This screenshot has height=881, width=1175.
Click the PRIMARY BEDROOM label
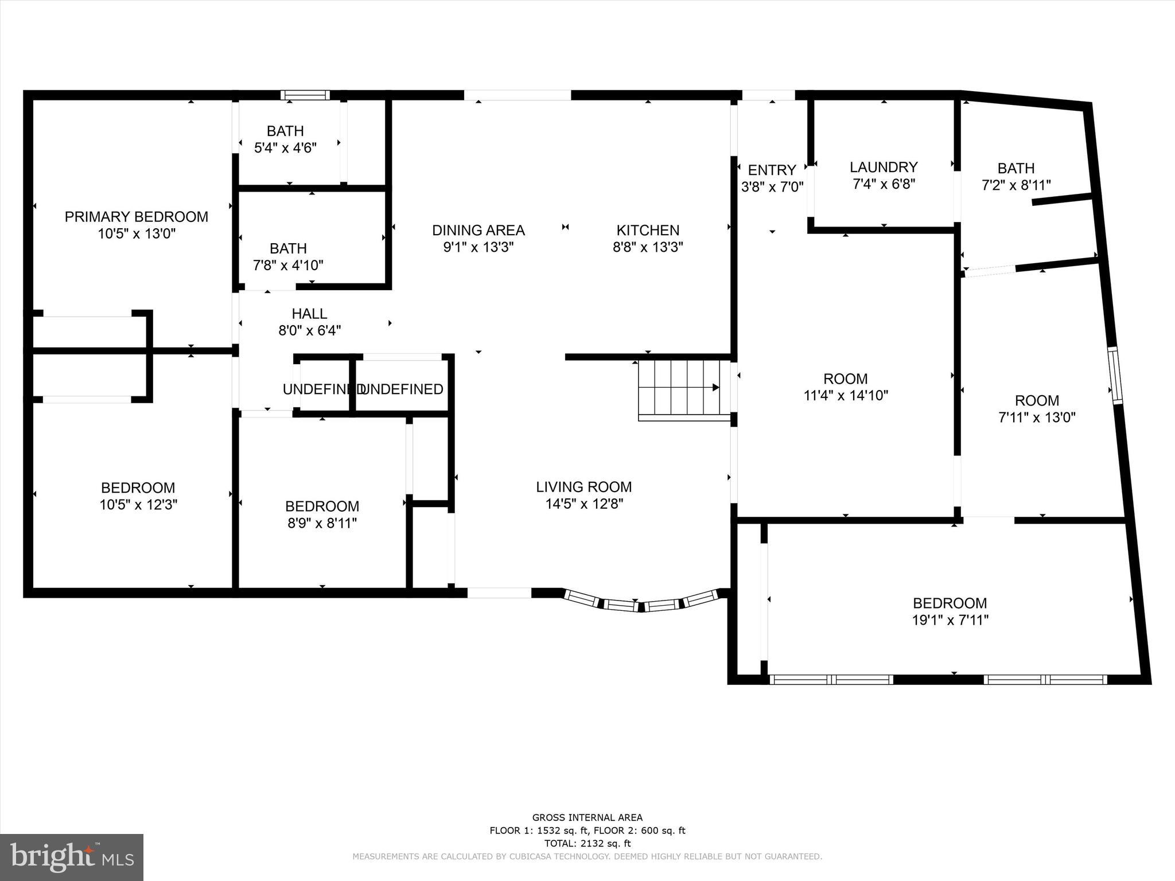coord(136,217)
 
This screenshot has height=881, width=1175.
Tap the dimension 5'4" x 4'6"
coord(285,148)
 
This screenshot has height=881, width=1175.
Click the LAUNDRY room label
coord(884,167)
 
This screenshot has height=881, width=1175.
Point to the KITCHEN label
coord(648,230)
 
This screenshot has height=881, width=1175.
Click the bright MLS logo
coord(72,856)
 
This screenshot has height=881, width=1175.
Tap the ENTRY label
coord(772,170)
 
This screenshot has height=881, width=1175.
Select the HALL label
coord(309,314)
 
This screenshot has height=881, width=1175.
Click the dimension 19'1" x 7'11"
coord(950,620)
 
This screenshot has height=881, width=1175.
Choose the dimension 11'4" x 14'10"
coord(846,395)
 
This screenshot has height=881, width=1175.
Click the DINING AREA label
coord(478,230)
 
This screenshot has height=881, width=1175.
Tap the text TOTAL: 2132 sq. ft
coord(587,844)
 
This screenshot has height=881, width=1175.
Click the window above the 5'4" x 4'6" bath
coord(305,95)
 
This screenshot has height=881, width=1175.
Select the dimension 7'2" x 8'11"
coord(1016,185)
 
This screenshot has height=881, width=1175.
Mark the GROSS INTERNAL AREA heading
coord(587,817)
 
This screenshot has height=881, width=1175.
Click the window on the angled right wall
coord(1115,376)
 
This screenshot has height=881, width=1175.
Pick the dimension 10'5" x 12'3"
coord(138,505)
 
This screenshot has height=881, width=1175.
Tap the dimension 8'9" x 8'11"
coord(322,523)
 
